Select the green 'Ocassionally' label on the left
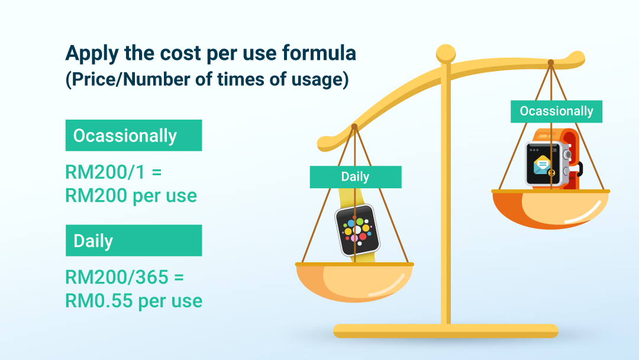(x=134, y=136)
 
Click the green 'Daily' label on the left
(x=134, y=240)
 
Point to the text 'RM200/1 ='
(x=113, y=172)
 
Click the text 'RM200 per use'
(x=131, y=196)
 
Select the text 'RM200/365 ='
(x=125, y=277)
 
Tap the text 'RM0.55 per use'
(x=134, y=301)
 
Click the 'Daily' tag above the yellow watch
(x=356, y=176)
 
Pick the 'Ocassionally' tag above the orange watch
(x=556, y=111)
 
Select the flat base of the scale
(x=446, y=331)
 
